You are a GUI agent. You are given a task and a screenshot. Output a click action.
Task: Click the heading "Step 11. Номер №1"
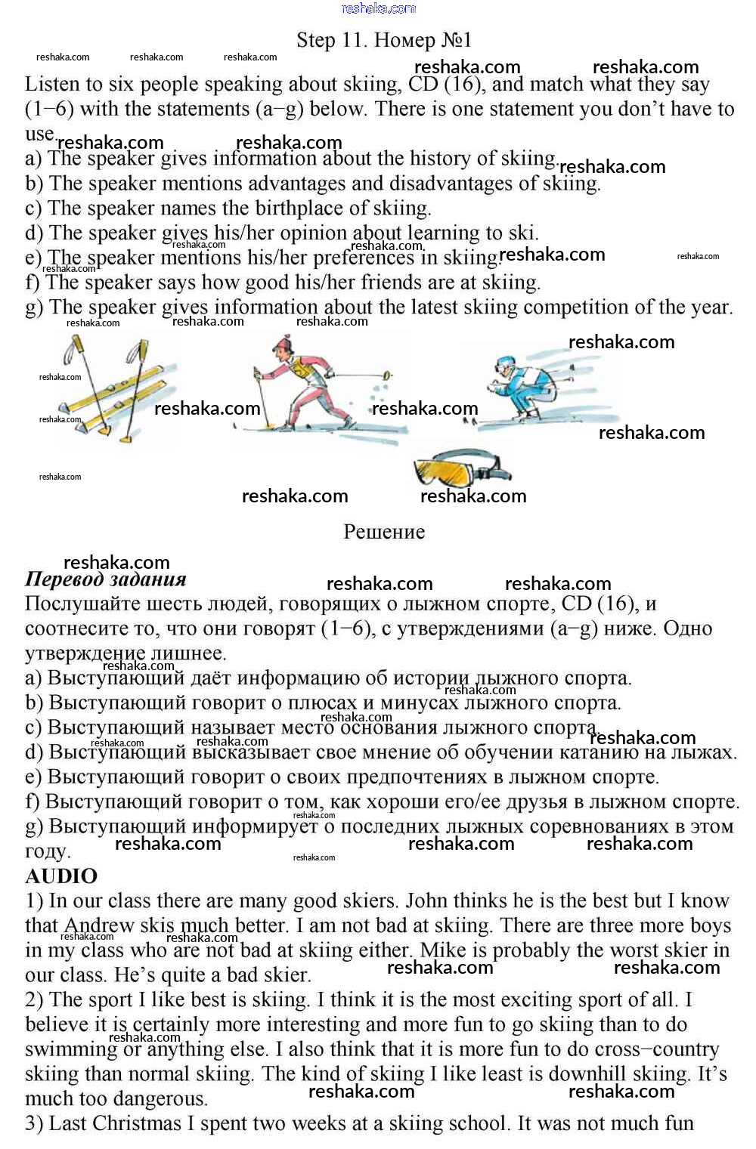pos(383,39)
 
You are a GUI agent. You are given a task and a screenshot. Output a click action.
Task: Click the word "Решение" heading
pos(383,532)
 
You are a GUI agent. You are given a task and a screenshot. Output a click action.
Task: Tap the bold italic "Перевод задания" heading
pos(106,579)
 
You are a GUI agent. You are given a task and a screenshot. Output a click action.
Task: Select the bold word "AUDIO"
pos(61,876)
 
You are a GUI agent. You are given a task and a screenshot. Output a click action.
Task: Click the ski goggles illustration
pos(461,468)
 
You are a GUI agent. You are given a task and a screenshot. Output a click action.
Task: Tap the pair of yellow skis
pos(113,389)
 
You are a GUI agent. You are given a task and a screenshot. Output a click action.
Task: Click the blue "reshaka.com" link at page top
pos(378,8)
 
